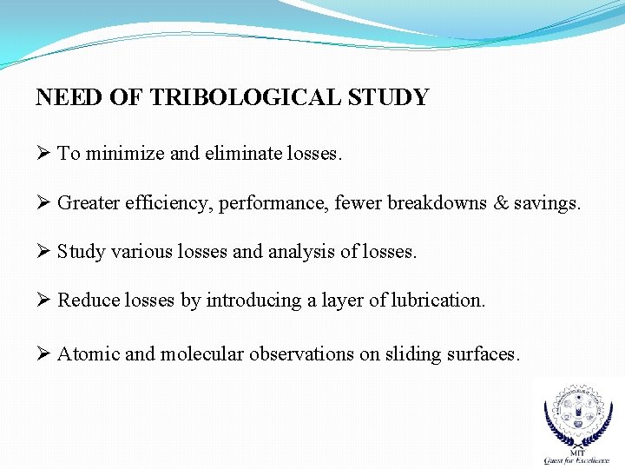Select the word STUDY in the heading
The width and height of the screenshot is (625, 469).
tap(388, 97)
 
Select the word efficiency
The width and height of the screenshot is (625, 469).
tap(170, 204)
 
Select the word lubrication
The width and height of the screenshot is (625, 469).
tap(439, 301)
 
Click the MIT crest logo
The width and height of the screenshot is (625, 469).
tap(576, 421)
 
